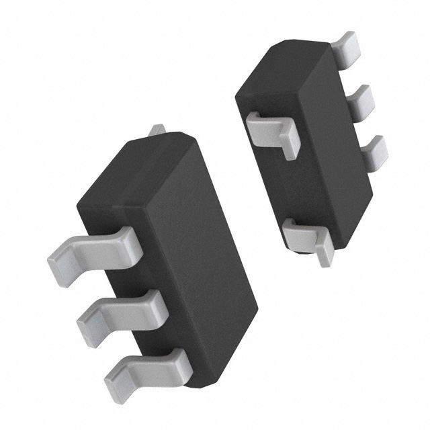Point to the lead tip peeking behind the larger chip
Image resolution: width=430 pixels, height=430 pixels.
coord(156,130)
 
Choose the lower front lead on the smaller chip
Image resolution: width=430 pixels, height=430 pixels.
coord(306,235)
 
